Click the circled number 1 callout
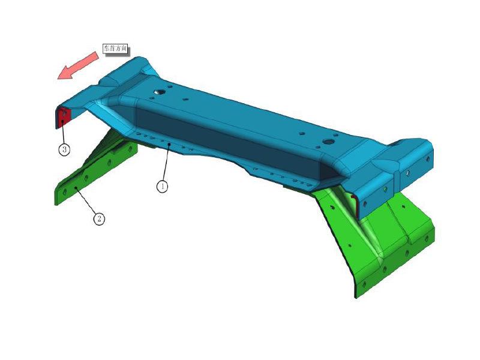coord(162,187)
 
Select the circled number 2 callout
coord(99,219)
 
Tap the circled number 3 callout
coord(64,149)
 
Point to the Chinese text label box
coord(116,48)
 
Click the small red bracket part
coord(64,115)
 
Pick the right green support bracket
coord(384,240)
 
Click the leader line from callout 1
coord(166,165)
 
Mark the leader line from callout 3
coord(63,133)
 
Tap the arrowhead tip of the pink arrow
coord(58,77)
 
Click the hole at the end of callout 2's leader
coord(76,188)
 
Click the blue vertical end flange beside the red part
coord(54,117)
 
